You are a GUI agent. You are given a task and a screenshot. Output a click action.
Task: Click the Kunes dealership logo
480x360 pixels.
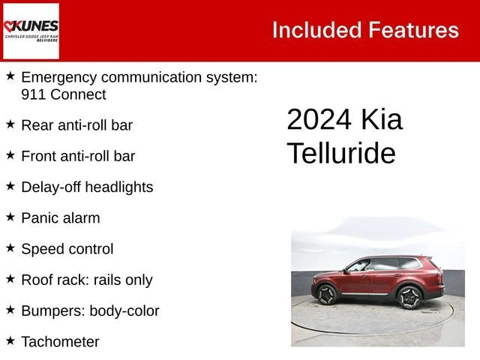31,31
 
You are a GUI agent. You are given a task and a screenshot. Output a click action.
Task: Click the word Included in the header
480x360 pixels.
316,30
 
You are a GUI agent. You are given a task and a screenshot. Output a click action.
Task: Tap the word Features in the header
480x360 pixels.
413,30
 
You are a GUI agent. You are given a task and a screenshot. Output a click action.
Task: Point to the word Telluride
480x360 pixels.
341,154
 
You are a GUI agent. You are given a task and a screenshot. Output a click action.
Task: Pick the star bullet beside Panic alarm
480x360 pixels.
10,217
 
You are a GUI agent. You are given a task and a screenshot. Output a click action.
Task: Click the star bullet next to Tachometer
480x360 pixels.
10,340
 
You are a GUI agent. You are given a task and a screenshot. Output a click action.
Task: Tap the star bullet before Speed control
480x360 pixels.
10,247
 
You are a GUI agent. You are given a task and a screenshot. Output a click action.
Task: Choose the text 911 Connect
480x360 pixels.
64,94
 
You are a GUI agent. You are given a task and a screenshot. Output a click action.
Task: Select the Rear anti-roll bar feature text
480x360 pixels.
77,125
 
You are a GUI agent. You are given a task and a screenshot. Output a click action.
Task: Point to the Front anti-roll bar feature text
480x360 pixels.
78,156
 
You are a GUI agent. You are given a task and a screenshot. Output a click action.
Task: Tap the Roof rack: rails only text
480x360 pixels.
86,280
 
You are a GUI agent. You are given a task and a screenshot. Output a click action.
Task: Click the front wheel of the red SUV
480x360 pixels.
327,295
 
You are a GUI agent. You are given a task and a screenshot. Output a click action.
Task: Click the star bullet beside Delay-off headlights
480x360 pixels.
10,185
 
